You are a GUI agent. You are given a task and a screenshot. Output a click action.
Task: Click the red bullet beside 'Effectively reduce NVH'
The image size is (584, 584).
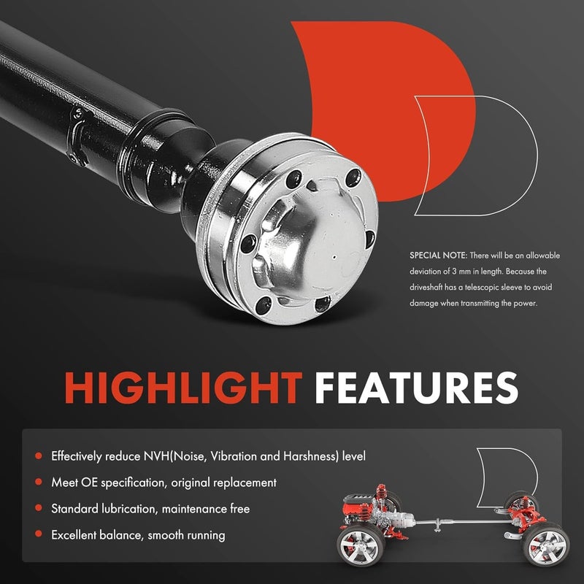click(x=38, y=456)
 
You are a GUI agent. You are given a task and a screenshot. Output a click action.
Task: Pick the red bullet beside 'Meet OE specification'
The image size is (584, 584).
click(x=38, y=483)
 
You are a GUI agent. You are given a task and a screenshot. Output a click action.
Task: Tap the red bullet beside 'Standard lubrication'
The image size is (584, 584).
click(x=38, y=509)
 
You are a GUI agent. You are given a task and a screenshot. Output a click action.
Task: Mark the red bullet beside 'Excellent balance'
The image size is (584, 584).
click(x=38, y=535)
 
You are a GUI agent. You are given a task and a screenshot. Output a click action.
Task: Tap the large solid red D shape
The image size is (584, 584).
click(x=358, y=95)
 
